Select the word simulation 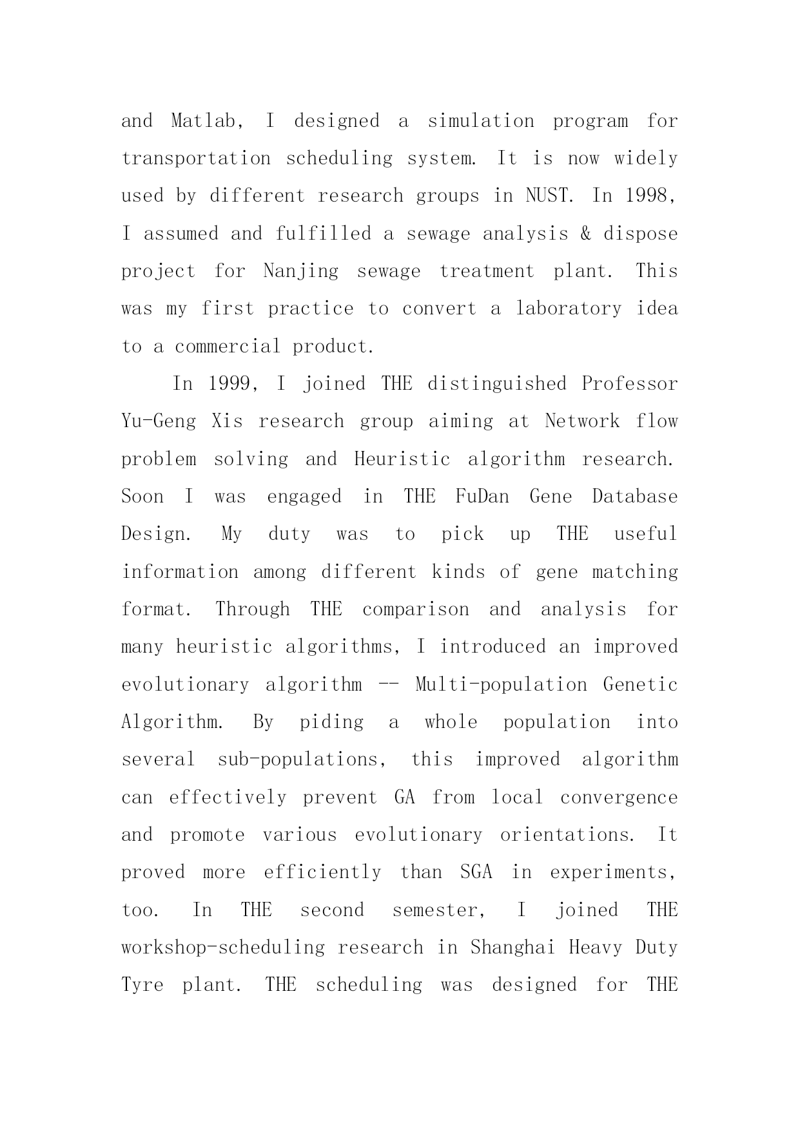(x=481, y=121)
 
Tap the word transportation (x=196, y=158)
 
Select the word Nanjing (x=301, y=271)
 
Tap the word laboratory (x=568, y=309)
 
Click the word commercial (x=228, y=347)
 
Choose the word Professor (x=630, y=384)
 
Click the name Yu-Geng (x=159, y=421)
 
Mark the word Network (x=582, y=421)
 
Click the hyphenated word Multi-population (x=501, y=684)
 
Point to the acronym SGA (x=476, y=872)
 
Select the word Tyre (x=142, y=985)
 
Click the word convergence (x=619, y=798)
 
